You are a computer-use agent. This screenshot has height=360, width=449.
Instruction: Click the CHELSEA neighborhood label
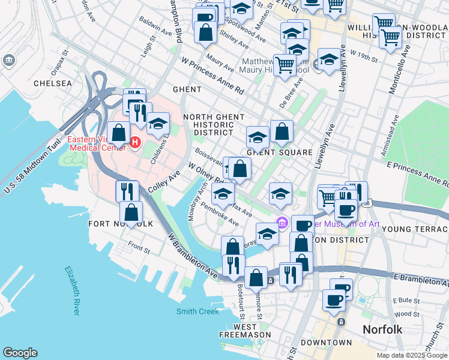click(x=53, y=83)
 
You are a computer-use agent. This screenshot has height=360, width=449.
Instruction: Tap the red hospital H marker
click(x=135, y=143)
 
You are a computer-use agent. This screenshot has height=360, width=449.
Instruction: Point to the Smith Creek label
click(x=197, y=311)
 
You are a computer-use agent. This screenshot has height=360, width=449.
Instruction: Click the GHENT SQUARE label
click(x=280, y=152)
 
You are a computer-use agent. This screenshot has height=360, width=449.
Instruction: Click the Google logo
click(x=20, y=353)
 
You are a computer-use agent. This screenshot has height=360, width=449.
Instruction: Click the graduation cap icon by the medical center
click(x=158, y=123)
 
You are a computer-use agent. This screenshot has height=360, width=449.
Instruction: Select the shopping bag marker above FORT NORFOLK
click(x=131, y=212)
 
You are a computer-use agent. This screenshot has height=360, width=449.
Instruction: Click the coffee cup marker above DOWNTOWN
click(x=334, y=299)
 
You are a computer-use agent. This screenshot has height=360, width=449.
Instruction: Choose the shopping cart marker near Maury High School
click(x=285, y=64)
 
